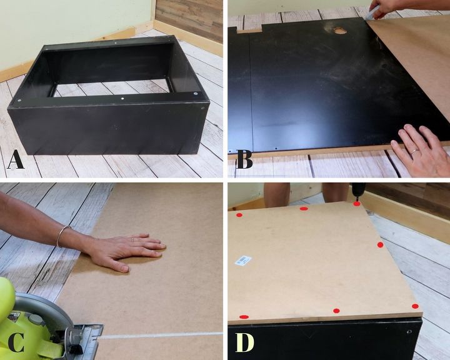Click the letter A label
point(16,161)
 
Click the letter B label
point(244,160)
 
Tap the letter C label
point(16,342)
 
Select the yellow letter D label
point(244,342)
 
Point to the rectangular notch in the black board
point(249,29)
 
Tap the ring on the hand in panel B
point(414,152)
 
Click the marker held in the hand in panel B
point(372,14)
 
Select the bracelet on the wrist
point(61,236)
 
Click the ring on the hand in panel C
point(132,239)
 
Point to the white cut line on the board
point(161,335)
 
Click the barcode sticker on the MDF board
point(243,261)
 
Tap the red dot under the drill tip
point(357,204)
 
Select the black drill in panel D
point(358,191)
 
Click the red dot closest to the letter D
point(244,317)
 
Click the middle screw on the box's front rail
point(122,99)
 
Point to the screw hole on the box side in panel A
point(202,108)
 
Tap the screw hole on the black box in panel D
point(409,332)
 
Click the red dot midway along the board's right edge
point(380,245)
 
